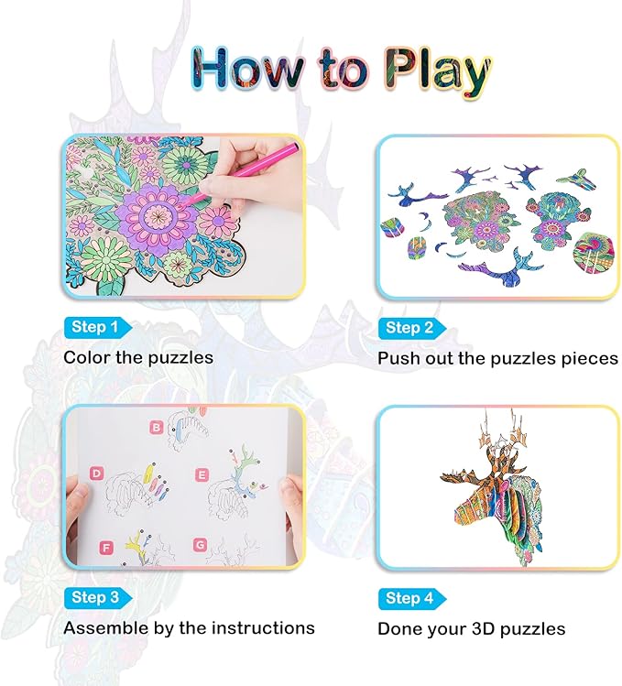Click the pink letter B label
(157, 427)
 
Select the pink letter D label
(95, 474)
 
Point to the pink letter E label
(202, 474)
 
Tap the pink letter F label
(106, 548)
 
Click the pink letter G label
(200, 543)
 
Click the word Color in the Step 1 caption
(87, 357)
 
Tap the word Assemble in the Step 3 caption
(105, 628)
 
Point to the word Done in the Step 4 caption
(400, 629)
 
